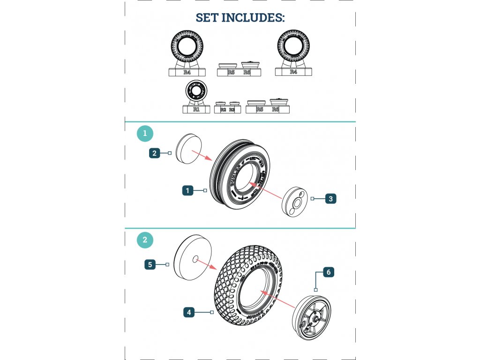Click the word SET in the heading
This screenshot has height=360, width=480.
click(x=207, y=18)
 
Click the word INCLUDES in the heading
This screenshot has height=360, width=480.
click(x=253, y=18)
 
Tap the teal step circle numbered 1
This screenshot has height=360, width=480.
click(x=145, y=134)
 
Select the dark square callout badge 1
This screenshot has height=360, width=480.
click(x=187, y=191)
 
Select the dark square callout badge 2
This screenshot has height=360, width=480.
click(x=155, y=153)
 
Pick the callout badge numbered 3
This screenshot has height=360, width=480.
click(x=330, y=199)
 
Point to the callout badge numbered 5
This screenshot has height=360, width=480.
click(x=150, y=265)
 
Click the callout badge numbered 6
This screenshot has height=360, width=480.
click(x=328, y=272)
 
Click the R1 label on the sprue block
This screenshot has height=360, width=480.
click(x=196, y=109)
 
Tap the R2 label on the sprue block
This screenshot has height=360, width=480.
click(x=223, y=110)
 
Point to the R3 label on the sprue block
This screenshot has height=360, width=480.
click(x=232, y=110)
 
